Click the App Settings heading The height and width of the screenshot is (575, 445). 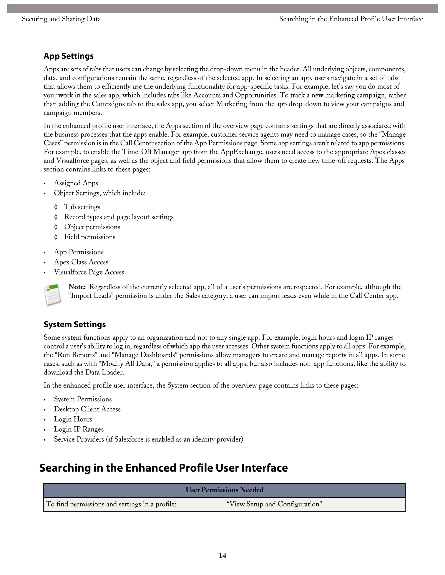68,56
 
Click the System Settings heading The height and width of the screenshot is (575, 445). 75,324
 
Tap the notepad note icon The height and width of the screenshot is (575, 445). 53,295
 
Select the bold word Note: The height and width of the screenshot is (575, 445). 77,287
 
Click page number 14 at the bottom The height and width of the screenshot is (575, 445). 222,555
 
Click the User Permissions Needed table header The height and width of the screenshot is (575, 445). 224,490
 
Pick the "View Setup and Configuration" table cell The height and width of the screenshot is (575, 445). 274,504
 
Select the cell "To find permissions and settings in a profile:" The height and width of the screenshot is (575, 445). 111,504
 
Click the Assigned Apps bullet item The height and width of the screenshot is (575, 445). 76,183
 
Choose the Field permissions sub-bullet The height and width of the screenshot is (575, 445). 90,237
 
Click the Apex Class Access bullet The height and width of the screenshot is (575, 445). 81,262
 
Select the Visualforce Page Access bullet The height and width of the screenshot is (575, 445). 89,272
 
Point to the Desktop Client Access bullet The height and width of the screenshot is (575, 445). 87,409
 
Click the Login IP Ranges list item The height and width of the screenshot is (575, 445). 79,429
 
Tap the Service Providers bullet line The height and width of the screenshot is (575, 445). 148,439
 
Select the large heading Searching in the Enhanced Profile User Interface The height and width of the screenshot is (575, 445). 163,468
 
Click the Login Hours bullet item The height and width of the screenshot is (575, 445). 73,419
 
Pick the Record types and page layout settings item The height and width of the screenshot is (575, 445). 119,217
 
